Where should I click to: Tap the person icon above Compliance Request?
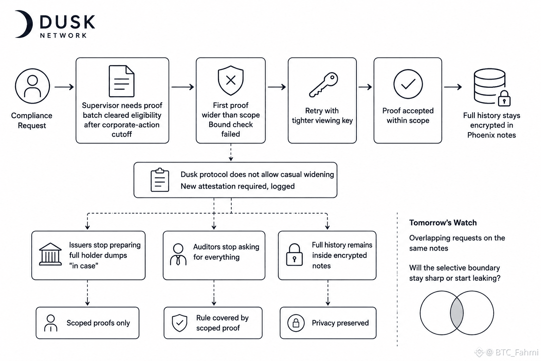tap(32, 86)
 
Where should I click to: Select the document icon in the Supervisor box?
tap(122, 81)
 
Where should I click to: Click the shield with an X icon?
tap(231, 80)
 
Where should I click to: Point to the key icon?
tap(323, 85)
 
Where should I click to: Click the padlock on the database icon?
tap(504, 99)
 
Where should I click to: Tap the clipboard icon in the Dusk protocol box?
tap(160, 180)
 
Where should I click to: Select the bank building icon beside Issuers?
tap(50, 254)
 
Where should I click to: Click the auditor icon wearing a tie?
tap(178, 255)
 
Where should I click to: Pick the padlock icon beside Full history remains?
tap(294, 255)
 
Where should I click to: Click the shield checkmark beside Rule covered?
tap(179, 323)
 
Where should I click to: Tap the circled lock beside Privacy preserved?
tap(296, 323)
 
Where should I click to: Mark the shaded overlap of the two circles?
tap(457, 313)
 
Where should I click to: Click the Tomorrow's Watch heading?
tap(443, 222)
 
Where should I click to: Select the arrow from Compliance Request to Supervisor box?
tap(64, 87)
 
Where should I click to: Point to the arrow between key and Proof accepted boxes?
tap(365, 87)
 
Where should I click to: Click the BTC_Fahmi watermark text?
tap(517, 352)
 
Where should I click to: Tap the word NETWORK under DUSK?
tap(63, 36)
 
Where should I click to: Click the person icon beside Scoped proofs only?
tap(51, 323)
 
